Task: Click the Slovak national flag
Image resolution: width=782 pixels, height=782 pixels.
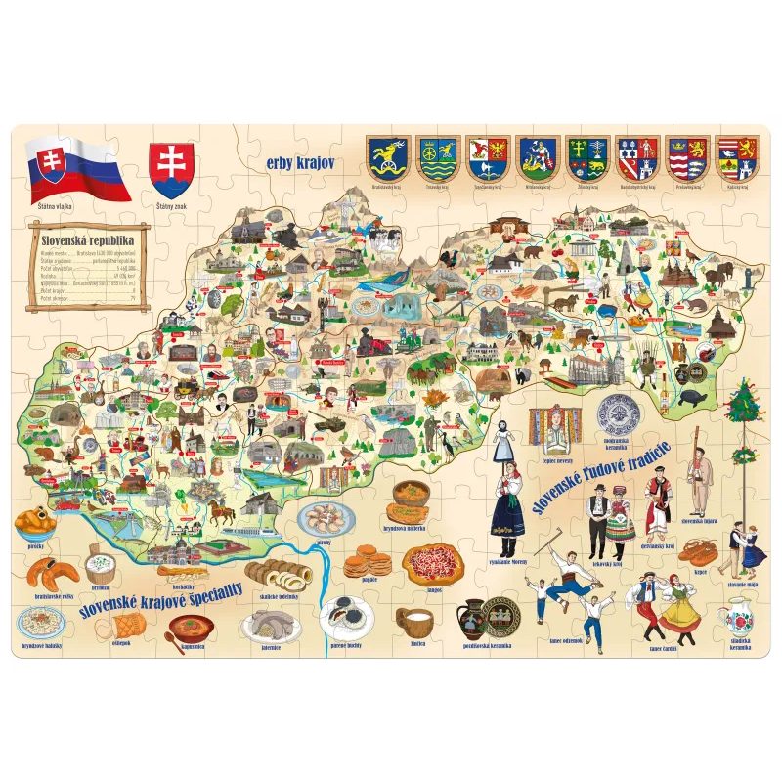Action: point(76,168)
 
